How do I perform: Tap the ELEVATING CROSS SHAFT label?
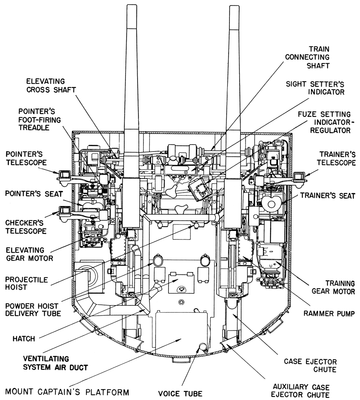coord(51,86)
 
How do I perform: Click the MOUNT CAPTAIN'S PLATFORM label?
coord(68,391)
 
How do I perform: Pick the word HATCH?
coord(23,339)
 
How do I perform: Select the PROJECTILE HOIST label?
coord(21,284)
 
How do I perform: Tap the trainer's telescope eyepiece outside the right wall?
coord(299,176)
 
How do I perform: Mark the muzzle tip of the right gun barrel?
coord(234,8)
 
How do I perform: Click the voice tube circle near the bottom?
coord(203,346)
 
